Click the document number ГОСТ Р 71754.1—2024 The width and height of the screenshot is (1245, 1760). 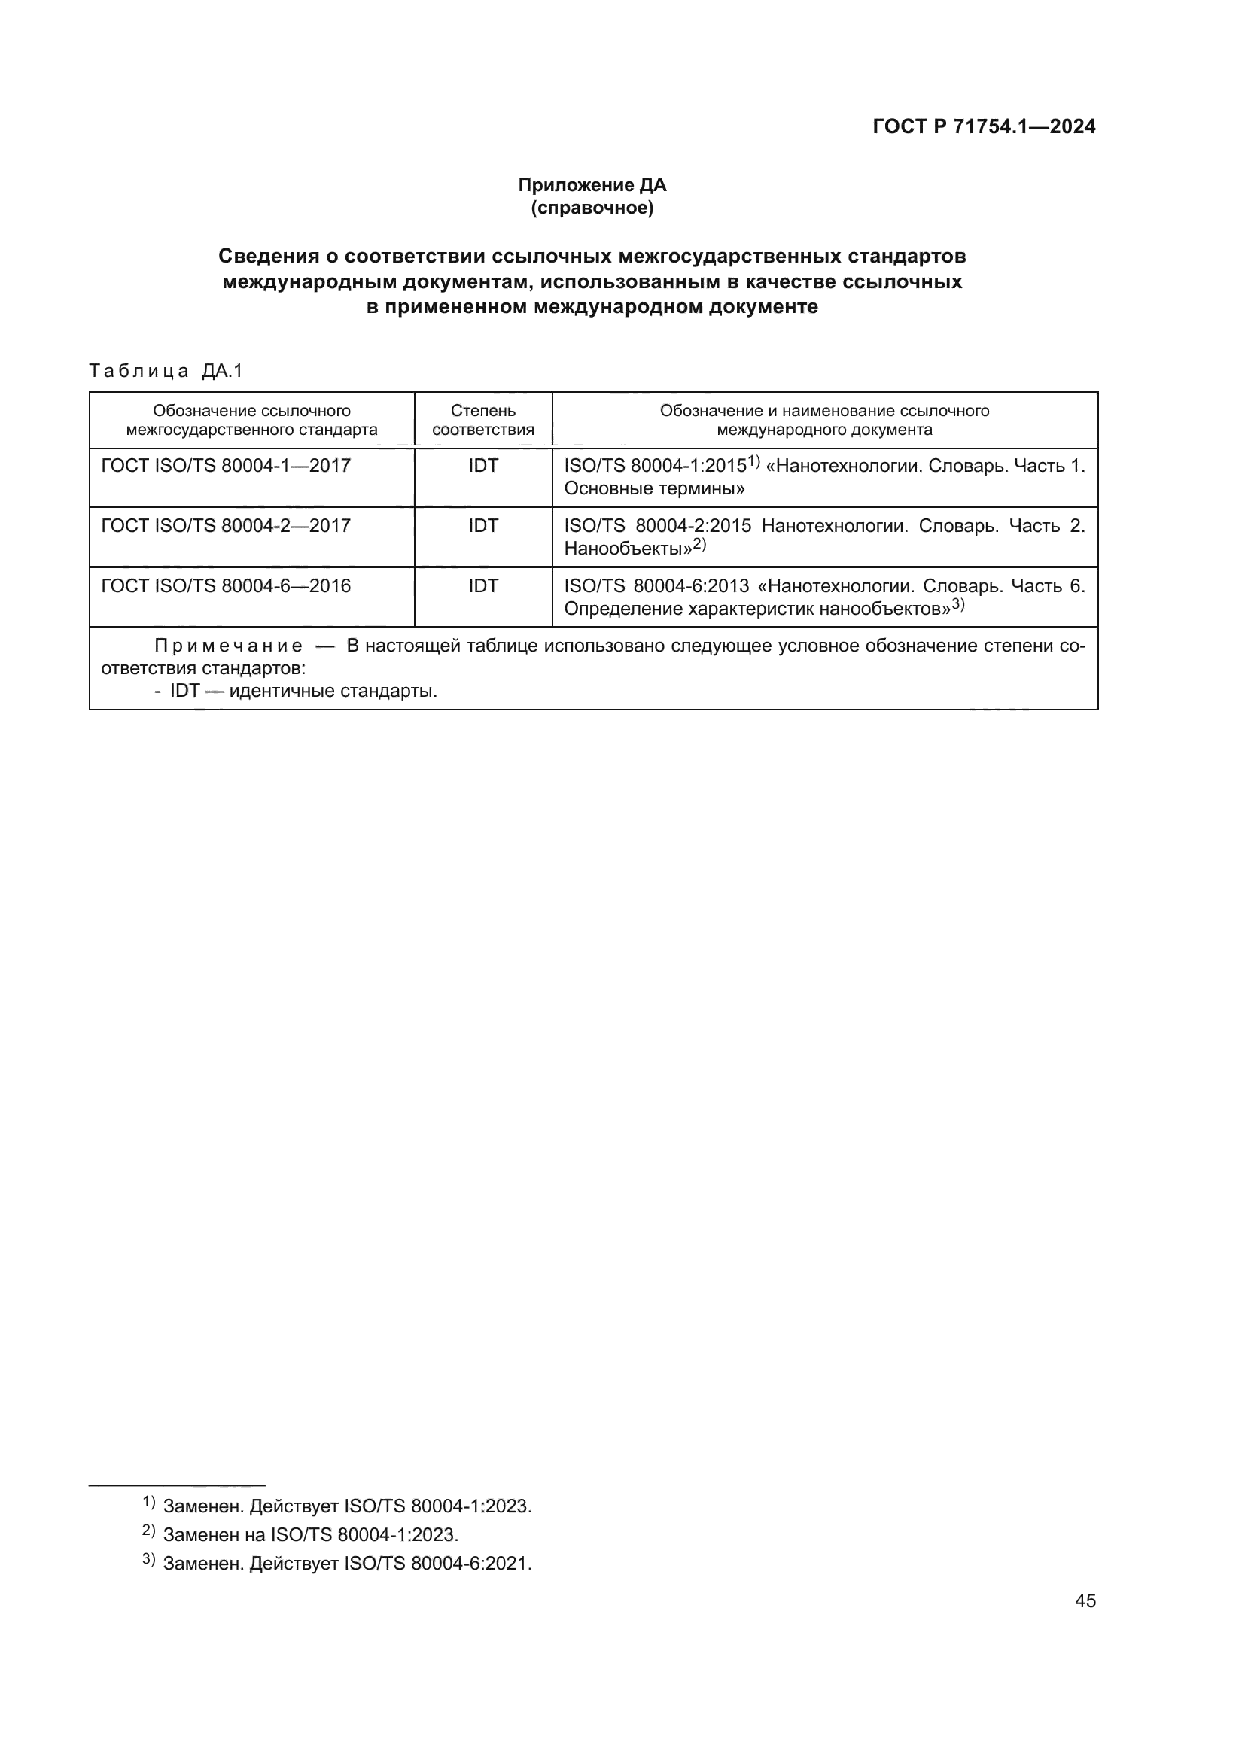click(984, 126)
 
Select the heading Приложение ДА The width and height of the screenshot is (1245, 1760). click(592, 185)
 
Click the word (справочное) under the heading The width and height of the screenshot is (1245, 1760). click(592, 208)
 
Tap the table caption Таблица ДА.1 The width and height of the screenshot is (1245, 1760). click(166, 371)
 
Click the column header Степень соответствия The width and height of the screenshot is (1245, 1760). click(483, 420)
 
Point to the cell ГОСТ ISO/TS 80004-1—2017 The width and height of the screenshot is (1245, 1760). click(226, 465)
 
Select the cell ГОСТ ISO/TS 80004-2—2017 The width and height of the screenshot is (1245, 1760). click(226, 526)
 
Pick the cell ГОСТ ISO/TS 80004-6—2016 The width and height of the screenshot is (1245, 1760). click(226, 586)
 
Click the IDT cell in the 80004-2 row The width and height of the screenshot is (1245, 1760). click(483, 526)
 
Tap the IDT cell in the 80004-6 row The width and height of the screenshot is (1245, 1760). click(483, 586)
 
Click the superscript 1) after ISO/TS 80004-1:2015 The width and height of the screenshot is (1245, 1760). click(753, 461)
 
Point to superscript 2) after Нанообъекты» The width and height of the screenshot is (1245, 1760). click(699, 544)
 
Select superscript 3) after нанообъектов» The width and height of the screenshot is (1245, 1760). click(957, 605)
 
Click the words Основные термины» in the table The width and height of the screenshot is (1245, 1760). click(654, 488)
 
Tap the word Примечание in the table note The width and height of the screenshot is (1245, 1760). click(227, 646)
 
